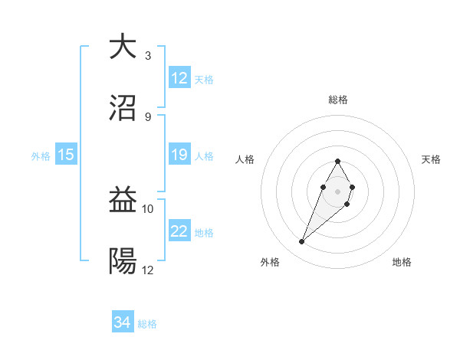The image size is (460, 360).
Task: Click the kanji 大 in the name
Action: coord(123,47)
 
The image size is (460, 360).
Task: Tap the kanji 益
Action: coord(123,201)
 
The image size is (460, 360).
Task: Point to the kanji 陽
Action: coord(123,261)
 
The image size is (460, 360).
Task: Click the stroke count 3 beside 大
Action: coord(148,56)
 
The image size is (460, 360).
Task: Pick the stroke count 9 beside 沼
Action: coord(148,116)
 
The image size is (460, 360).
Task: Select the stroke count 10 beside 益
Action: coord(148,209)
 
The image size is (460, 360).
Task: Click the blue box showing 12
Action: coord(179,78)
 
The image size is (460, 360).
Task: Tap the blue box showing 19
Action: coord(179,155)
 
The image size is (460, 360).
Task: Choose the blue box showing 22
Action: coord(179,232)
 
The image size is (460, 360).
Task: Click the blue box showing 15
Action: coord(66,155)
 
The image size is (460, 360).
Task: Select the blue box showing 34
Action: coord(123,323)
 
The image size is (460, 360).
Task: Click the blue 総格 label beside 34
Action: coord(147,324)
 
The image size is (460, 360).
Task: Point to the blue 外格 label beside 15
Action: coord(41,156)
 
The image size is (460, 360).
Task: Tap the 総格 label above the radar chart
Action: coord(338,100)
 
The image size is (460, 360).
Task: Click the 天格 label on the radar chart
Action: coord(431,159)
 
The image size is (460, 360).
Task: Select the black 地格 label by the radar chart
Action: coord(402,262)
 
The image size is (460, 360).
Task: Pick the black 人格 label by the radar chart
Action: coord(245,159)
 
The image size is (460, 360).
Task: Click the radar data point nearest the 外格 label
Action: coord(302,242)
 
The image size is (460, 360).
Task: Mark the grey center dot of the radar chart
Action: coord(337,191)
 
